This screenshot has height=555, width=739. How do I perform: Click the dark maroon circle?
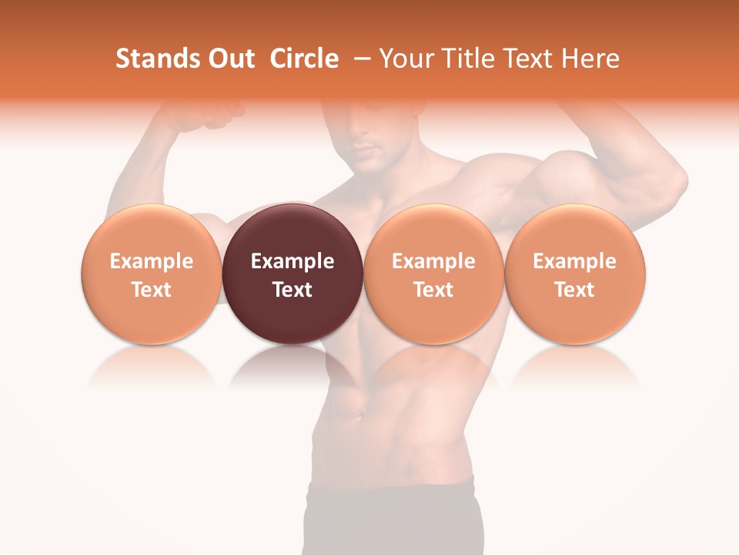(x=293, y=274)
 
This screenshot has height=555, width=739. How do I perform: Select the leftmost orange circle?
(x=152, y=274)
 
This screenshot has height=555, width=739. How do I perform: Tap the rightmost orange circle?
(x=575, y=274)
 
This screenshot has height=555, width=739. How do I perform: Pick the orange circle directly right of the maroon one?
(x=433, y=274)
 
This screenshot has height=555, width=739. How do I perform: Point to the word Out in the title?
(x=229, y=59)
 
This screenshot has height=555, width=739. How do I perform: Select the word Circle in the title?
(x=304, y=59)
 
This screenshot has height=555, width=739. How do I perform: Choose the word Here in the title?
(x=590, y=59)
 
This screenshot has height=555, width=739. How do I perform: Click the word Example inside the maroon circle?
(x=293, y=261)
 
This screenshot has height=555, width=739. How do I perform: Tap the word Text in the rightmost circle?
(x=575, y=289)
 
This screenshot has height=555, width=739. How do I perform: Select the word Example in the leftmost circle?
(x=152, y=261)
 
